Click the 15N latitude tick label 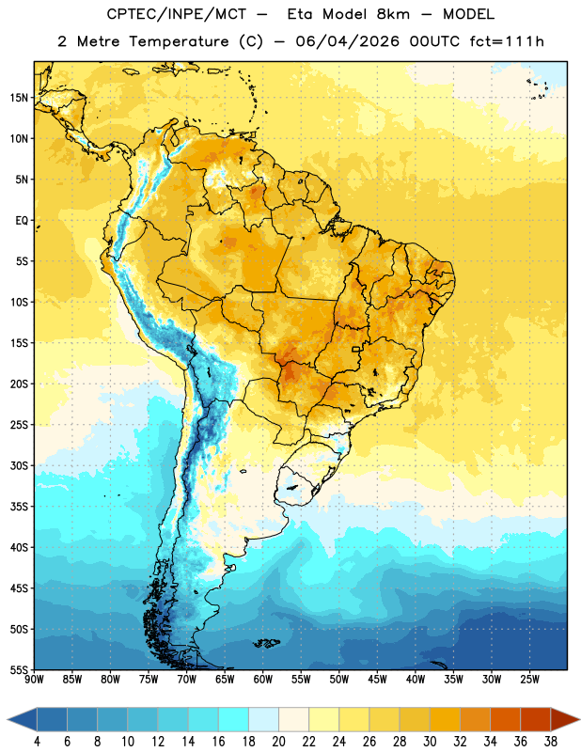point(19,98)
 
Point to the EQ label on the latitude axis point(22,221)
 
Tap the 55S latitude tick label point(19,670)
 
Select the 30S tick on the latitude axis point(19,465)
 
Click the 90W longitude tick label point(34,680)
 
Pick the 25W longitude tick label point(529,680)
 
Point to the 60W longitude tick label point(263,680)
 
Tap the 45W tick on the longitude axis point(377,680)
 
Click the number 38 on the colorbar point(550,742)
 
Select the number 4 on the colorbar point(37,742)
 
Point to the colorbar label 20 point(278,742)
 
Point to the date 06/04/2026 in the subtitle point(347,41)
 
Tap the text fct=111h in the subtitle point(507,41)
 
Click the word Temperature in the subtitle point(179,42)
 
